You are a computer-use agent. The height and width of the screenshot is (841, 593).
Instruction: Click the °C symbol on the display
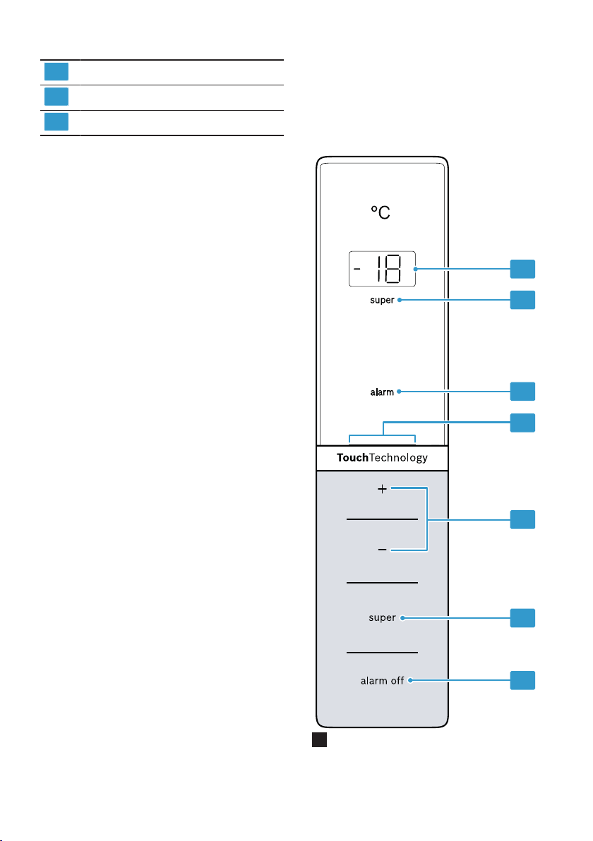pos(381,212)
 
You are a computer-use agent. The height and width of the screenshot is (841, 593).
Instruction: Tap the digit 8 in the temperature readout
pos(393,269)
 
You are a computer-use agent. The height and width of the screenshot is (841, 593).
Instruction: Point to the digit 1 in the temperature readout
pos(379,269)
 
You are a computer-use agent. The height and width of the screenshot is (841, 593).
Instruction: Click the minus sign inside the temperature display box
pos(357,268)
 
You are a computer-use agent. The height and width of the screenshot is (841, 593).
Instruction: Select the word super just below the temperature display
pos(382,301)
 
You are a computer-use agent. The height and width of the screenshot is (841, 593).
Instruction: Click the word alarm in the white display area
pos(382,392)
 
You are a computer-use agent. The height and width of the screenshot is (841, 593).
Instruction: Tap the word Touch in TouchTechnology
pos(352,457)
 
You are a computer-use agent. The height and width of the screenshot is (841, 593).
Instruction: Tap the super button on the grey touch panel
pos(382,618)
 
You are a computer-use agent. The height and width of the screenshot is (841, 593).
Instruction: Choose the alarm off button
pos(382,681)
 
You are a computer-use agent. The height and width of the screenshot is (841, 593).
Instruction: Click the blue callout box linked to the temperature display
pos(522,270)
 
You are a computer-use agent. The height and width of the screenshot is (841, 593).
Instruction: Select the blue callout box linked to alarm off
pos(522,680)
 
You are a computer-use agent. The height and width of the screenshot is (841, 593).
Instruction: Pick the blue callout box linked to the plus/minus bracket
pos(522,520)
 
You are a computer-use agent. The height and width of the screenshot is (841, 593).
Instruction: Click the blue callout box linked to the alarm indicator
pos(522,392)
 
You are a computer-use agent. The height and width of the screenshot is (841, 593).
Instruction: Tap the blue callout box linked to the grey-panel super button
pos(522,618)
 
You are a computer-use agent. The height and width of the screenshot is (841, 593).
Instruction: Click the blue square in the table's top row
pos(56,71)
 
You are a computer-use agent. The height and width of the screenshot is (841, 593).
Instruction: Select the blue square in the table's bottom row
pos(56,122)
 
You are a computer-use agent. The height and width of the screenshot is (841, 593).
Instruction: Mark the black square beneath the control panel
pos(319,739)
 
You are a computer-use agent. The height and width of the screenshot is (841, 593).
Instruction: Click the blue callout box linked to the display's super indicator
pos(522,300)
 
